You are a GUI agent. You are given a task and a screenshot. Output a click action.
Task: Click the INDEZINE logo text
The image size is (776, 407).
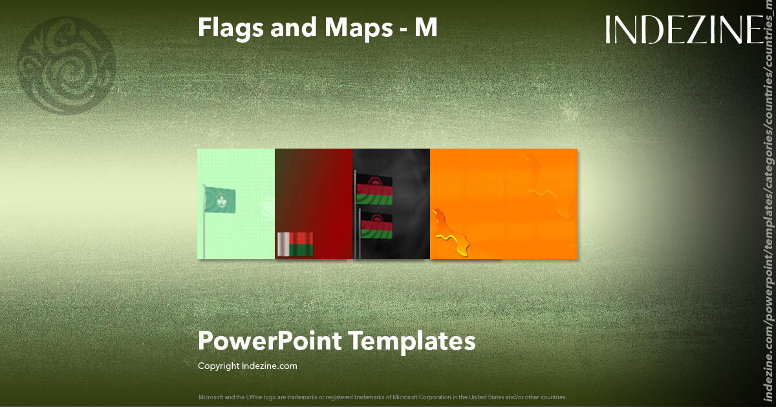pyautogui.click(x=684, y=30)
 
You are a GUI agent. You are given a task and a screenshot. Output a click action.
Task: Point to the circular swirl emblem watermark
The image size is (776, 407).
pyautogui.click(x=67, y=65)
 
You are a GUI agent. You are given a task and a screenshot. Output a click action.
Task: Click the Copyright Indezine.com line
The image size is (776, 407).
pyautogui.click(x=248, y=366)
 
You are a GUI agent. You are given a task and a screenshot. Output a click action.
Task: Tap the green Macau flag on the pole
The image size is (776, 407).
pyautogui.click(x=221, y=200)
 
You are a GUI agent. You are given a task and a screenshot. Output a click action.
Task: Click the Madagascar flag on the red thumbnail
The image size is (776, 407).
pyautogui.click(x=295, y=244)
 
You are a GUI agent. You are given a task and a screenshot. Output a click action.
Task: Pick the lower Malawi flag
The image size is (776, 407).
pyautogui.click(x=376, y=226)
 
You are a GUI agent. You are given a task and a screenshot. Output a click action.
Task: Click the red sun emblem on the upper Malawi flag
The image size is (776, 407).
pyautogui.click(x=374, y=178)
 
